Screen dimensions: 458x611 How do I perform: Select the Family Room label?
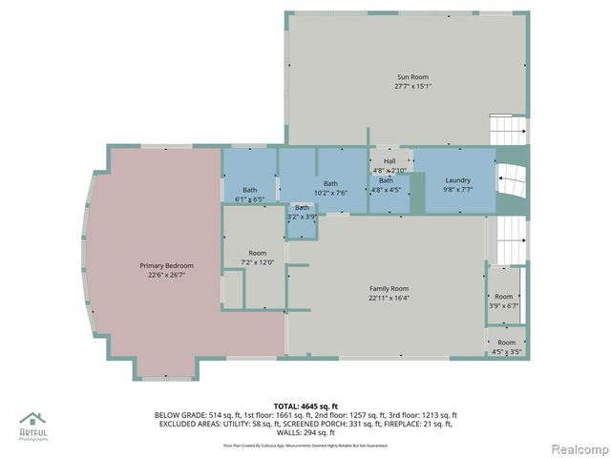(x=389, y=288)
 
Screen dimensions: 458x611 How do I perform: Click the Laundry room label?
(x=457, y=180)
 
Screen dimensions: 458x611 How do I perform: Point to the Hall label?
(x=390, y=161)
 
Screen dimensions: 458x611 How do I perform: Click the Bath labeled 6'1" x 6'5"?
(x=249, y=190)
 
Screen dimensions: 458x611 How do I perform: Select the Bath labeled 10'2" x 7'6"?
(x=330, y=183)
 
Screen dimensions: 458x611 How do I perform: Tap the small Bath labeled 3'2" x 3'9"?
(x=302, y=208)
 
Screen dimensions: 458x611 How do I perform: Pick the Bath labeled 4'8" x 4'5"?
(x=386, y=180)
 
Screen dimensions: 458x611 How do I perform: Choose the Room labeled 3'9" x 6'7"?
(x=503, y=297)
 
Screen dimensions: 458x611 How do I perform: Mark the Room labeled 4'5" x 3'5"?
(x=506, y=343)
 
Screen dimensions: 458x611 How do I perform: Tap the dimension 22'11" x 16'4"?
(x=389, y=299)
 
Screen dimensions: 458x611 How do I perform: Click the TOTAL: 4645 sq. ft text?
(x=305, y=406)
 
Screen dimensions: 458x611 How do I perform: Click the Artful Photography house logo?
(x=33, y=420)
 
